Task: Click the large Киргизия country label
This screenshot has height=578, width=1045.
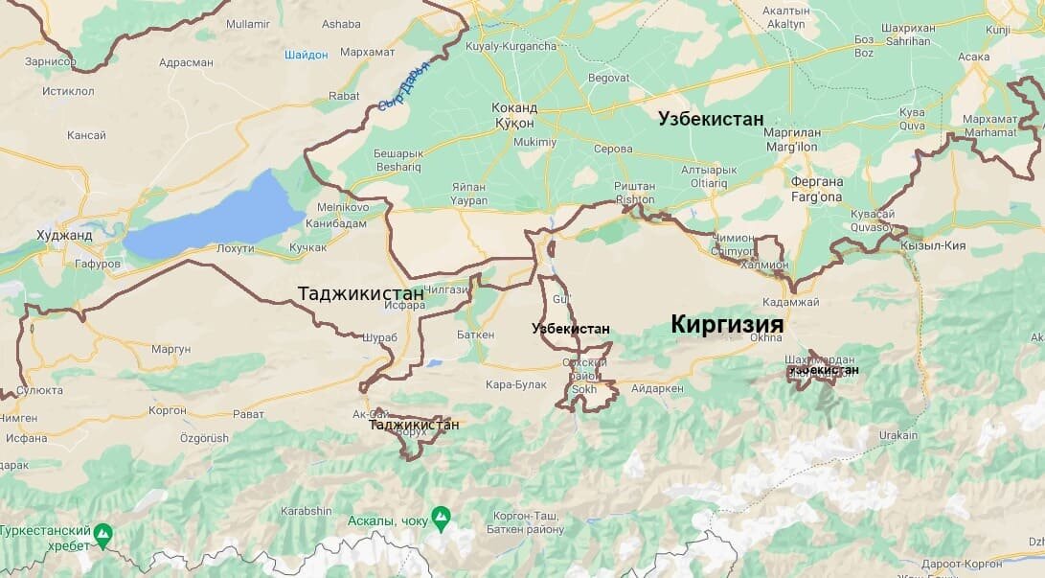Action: tap(726, 324)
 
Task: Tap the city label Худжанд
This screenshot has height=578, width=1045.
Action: tap(64, 235)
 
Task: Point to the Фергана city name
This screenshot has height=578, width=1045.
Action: tap(817, 181)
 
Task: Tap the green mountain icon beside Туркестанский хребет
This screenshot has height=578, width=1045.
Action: tap(103, 531)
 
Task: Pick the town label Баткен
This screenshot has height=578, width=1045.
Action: tap(476, 335)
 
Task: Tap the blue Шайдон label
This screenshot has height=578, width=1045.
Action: tap(306, 55)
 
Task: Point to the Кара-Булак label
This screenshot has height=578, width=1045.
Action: tap(515, 384)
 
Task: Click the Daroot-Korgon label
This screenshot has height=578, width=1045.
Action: tap(962, 565)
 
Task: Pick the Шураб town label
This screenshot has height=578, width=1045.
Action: tap(380, 336)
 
